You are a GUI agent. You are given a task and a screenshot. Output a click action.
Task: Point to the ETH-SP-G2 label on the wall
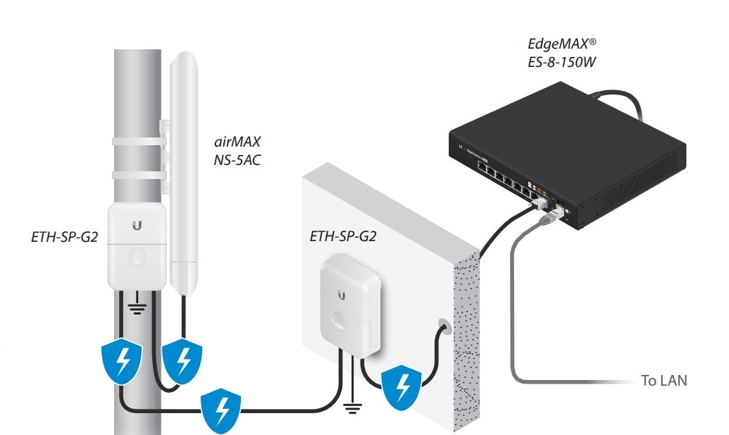click(342, 236)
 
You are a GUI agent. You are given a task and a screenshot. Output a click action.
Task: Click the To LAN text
click(663, 381)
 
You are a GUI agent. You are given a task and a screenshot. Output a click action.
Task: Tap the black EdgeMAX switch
click(563, 155)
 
